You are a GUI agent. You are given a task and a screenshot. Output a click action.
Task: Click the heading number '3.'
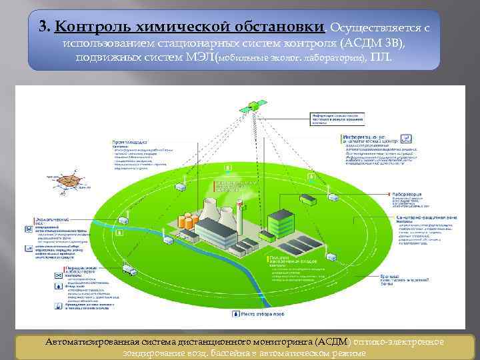click(x=45, y=27)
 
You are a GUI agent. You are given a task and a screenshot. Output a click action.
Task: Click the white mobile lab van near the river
click(x=131, y=272)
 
